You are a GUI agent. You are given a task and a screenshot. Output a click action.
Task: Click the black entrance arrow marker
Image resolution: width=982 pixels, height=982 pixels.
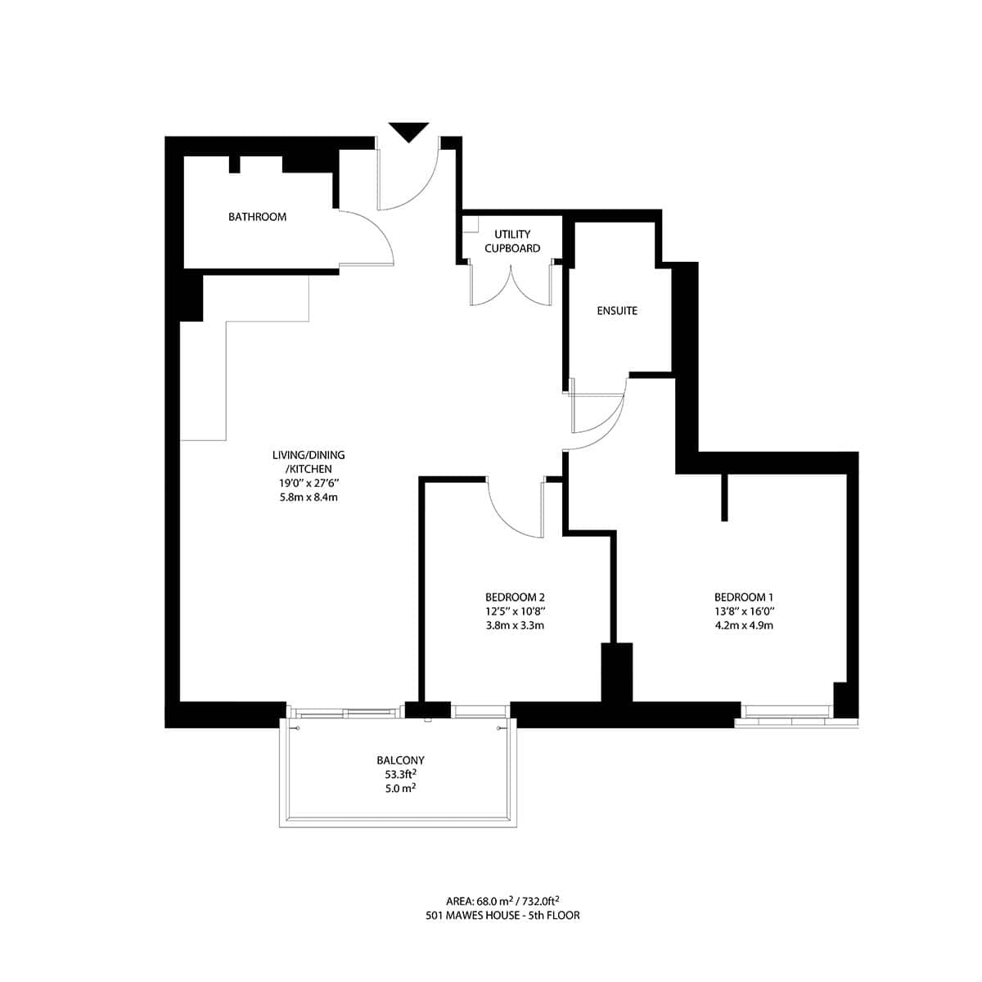pos(408,131)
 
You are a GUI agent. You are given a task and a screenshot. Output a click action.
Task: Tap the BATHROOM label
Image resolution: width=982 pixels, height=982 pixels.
pos(257,217)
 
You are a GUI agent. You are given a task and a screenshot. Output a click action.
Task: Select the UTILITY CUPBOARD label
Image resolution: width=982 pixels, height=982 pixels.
pos(512,241)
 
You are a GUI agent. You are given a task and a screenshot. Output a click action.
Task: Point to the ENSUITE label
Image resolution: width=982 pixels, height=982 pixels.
pos(617,311)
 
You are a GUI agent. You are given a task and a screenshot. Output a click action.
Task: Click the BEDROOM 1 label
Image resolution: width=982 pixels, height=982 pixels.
pos(743,597)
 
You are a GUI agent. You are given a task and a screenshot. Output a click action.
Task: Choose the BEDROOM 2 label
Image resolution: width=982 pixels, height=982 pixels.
pos(515,597)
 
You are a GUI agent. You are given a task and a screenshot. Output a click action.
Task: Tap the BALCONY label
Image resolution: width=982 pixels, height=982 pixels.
pos(400,760)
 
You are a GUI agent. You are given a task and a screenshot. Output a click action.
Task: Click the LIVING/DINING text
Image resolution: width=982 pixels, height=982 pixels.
pos(309,455)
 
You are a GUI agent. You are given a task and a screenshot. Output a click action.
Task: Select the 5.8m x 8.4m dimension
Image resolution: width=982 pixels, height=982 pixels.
pos(309,497)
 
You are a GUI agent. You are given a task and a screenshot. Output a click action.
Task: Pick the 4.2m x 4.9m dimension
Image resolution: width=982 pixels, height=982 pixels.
pos(743,626)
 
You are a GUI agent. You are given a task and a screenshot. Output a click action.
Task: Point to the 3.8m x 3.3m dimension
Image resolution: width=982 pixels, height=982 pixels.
pos(515,626)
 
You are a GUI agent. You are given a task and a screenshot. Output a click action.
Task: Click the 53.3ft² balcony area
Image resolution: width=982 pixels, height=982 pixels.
pos(400,774)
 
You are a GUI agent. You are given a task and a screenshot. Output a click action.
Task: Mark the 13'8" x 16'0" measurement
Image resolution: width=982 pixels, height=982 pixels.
pos(743,611)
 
